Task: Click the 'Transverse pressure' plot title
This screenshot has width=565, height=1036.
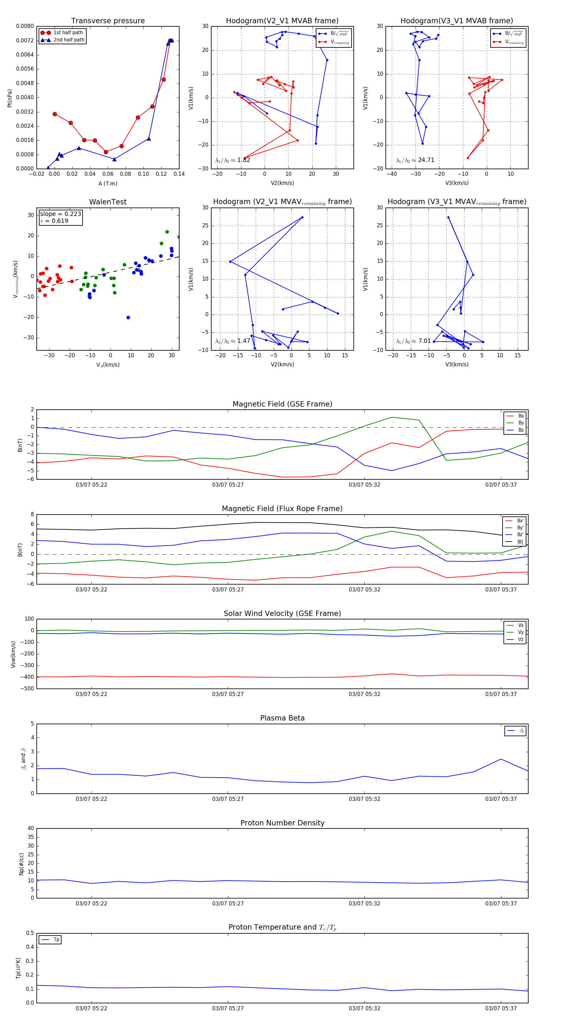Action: tap(108, 20)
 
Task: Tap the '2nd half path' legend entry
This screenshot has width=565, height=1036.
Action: tap(69, 40)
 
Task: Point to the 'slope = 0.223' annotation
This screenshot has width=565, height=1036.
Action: tap(60, 214)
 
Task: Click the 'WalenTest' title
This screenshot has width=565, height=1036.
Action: tap(108, 202)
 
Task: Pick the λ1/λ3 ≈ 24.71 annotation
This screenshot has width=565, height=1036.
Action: tap(415, 160)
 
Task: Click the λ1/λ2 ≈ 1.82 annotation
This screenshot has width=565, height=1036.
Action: tap(232, 160)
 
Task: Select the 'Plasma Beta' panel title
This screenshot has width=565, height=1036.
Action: tap(282, 718)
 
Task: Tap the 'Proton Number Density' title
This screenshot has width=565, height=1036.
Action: tap(282, 823)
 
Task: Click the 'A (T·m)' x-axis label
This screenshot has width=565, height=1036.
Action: tap(108, 183)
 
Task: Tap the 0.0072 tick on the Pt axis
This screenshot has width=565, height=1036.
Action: tap(25, 40)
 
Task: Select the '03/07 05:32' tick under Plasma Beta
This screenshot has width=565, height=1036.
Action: tap(364, 799)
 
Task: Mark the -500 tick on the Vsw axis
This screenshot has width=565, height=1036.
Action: tap(27, 688)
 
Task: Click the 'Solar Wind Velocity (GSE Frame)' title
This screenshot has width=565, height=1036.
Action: tap(282, 613)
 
